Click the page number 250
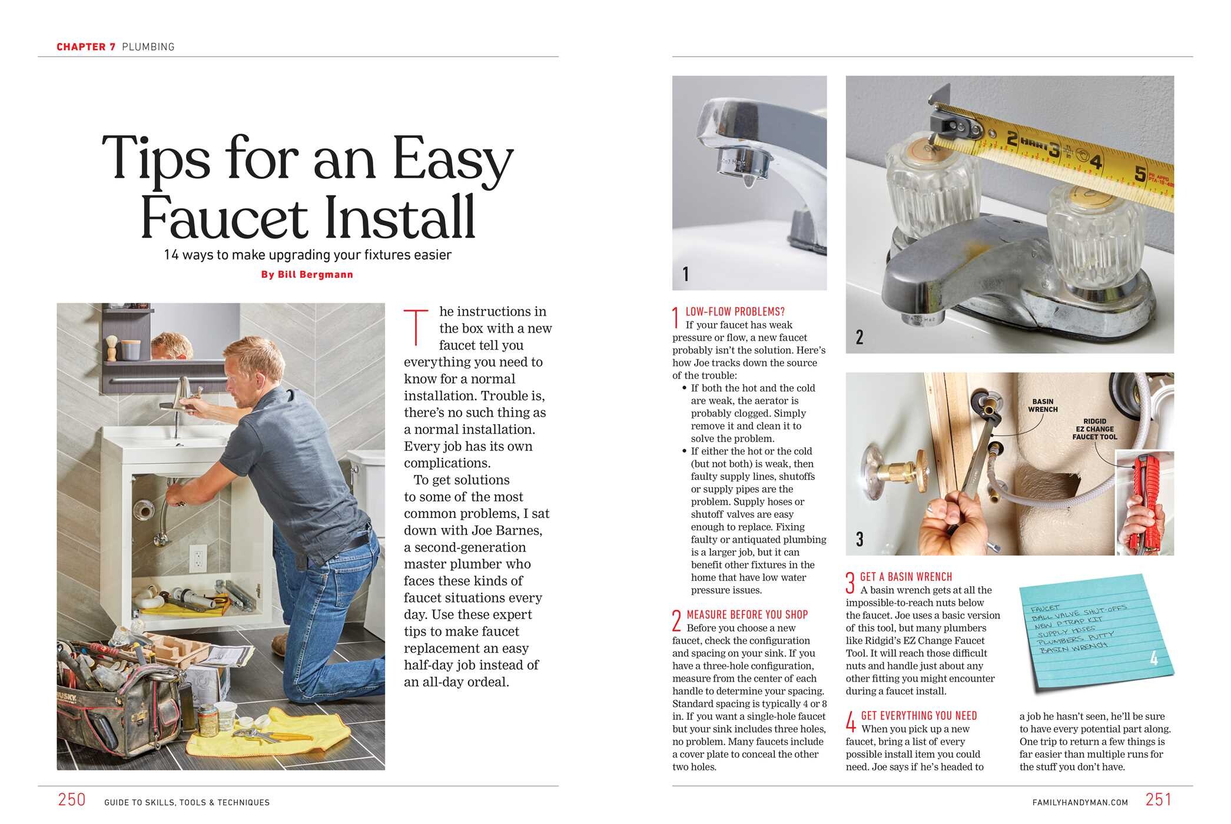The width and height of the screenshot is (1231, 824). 72,800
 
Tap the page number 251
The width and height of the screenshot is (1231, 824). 1158,800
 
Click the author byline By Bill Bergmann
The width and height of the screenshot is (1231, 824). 307,275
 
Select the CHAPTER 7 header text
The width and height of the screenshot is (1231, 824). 86,47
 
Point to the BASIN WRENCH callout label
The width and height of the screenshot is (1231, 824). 1043,406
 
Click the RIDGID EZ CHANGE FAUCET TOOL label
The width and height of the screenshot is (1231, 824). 1094,429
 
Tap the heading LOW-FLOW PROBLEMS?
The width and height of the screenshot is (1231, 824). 735,312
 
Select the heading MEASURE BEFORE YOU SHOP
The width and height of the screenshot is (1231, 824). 747,614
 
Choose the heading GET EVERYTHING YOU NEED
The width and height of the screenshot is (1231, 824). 918,716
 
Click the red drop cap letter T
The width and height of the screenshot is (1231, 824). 416,327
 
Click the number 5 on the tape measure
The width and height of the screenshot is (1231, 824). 1140,174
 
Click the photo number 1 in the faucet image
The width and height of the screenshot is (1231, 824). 685,274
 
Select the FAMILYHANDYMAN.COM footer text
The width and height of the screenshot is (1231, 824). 1080,802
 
